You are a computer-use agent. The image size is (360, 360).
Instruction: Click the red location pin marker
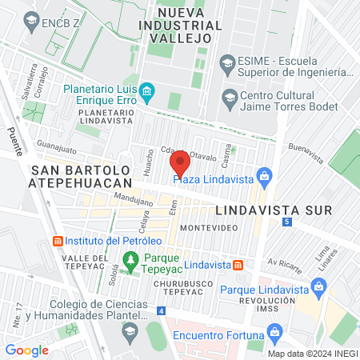(x=180, y=163)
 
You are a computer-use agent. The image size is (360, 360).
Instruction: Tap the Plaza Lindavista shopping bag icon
(x=266, y=174)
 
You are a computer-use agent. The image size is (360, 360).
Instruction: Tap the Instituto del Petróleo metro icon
(x=57, y=241)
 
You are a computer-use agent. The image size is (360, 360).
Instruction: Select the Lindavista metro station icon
(x=238, y=265)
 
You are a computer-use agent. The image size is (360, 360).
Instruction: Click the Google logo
(x=26, y=350)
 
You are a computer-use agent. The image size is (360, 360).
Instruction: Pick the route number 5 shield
(x=286, y=221)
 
